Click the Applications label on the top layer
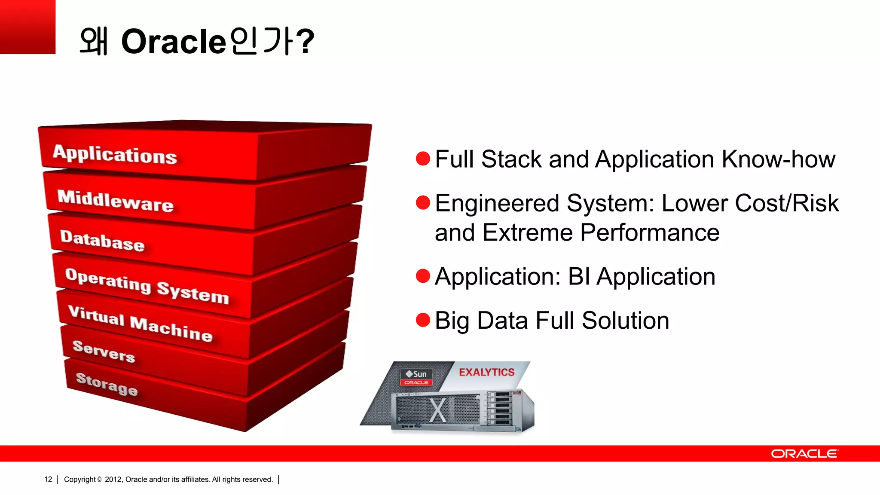[115, 154]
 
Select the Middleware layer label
[116, 201]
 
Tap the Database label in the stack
[102, 241]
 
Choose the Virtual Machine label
[140, 324]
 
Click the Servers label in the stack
[104, 351]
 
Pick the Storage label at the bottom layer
[107, 384]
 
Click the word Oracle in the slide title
[174, 42]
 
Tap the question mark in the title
[306, 42]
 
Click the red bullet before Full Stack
[423, 159]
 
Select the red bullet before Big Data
[423, 320]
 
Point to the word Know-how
[779, 159]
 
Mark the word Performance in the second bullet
[650, 232]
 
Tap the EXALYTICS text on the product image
[486, 372]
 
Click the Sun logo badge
[416, 377]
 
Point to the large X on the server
[437, 410]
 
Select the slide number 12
[48, 479]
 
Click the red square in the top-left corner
[27, 27]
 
